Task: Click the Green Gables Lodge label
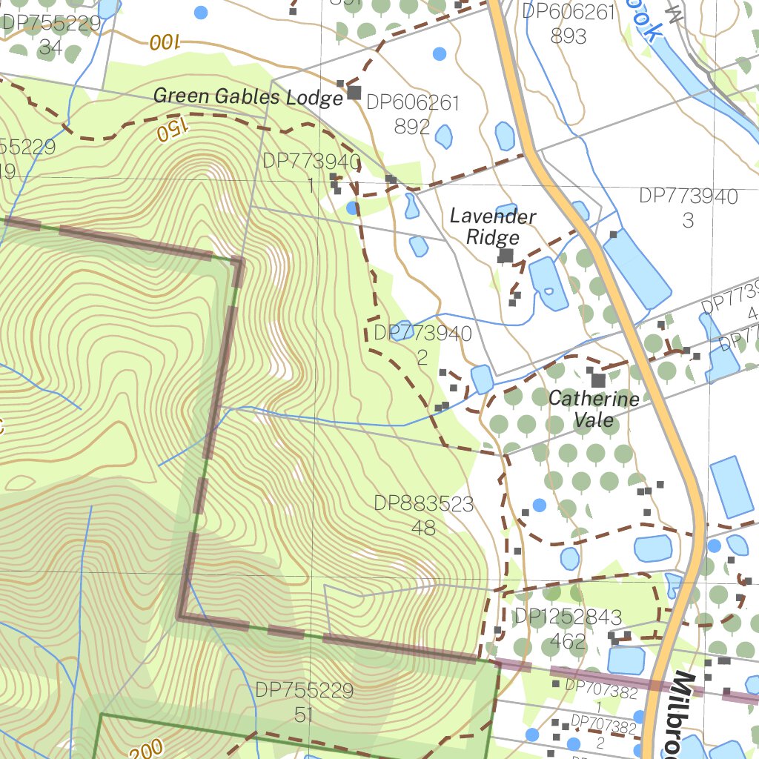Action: coord(248,96)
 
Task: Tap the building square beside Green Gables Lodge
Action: coord(354,93)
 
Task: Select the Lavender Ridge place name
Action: coord(493,227)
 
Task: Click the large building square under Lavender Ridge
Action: coord(506,256)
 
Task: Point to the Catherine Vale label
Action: coord(594,409)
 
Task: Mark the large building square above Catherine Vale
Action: coord(598,380)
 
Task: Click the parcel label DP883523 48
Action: coord(423,515)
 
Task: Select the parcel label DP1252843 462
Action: coord(568,629)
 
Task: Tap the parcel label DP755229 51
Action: coord(305,701)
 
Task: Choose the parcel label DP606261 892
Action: coord(413,114)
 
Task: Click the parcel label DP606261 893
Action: coord(569,23)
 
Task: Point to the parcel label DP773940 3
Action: coord(689,208)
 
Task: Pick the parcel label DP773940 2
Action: coord(422,345)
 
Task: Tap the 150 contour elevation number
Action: coord(170,131)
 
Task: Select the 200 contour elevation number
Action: coord(150,749)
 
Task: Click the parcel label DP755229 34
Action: coord(50,36)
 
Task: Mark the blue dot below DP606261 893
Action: coord(440,53)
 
